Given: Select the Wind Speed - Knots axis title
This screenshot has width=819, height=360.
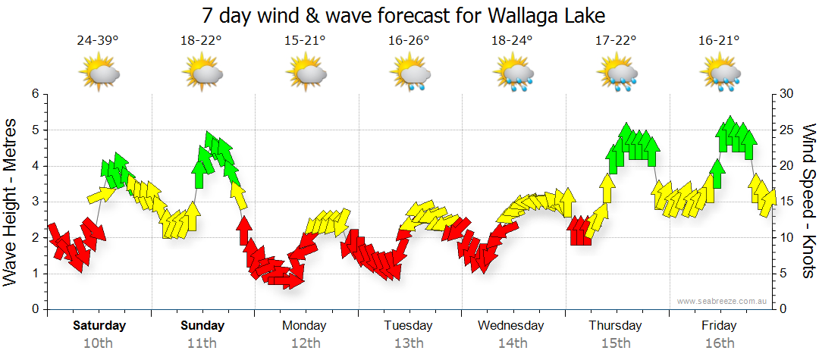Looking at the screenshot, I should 807,201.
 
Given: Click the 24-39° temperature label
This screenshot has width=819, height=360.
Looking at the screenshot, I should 98,40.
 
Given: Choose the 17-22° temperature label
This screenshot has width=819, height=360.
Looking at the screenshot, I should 615,40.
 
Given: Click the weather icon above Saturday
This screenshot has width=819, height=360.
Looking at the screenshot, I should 99,74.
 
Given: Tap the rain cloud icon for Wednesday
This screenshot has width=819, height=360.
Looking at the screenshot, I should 513,74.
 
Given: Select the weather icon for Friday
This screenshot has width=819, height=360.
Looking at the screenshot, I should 720,74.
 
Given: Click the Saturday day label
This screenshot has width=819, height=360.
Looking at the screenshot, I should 99,326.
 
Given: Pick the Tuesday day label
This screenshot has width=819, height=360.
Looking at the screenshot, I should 408,326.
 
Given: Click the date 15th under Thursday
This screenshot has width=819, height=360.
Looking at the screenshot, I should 616,343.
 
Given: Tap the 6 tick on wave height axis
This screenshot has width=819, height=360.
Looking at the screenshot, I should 34,94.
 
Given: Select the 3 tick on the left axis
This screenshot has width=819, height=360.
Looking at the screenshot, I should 34,202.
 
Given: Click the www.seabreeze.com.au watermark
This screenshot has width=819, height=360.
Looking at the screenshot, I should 723,302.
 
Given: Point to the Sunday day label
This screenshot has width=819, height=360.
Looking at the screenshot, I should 202,326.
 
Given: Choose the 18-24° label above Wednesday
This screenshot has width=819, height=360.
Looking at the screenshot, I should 512,40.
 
